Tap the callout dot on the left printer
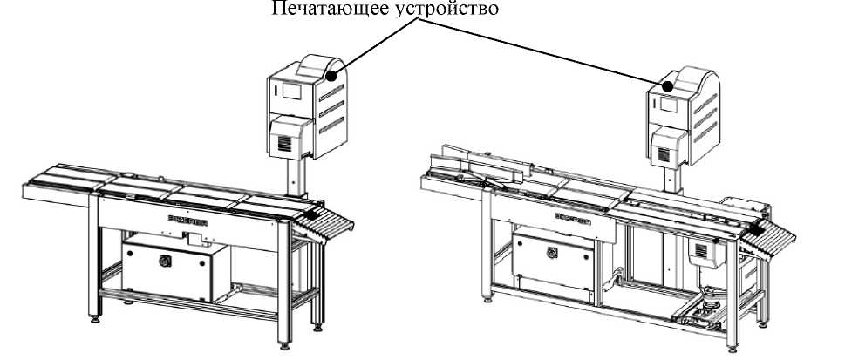tap(331, 77)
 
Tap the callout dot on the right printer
tap(668, 86)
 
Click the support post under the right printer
tap(672, 178)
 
